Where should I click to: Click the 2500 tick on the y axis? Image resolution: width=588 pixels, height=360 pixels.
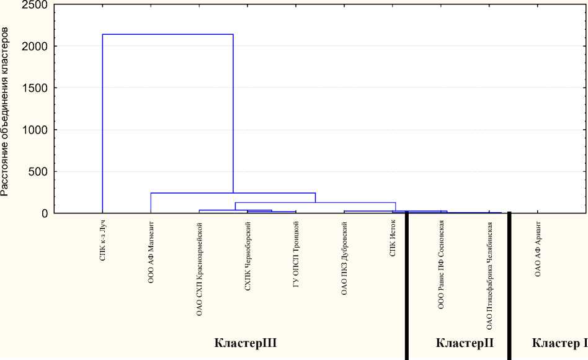tap(34, 6)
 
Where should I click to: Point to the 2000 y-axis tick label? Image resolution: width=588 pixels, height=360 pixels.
tap(34, 47)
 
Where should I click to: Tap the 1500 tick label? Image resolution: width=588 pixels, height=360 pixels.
tap(34, 88)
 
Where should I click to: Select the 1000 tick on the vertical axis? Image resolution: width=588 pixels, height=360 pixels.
tap(34, 130)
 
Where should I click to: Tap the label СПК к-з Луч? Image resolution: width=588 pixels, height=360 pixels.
tap(102, 239)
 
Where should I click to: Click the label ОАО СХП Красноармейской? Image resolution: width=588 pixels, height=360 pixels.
tap(200, 269)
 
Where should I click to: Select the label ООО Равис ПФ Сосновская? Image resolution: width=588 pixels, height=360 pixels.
tap(441, 264)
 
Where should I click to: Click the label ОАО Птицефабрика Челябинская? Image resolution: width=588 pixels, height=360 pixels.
tap(489, 276)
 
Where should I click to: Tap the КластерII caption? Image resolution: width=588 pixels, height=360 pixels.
tap(465, 343)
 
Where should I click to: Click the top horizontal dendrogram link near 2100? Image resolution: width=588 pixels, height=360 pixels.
tap(167, 34)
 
